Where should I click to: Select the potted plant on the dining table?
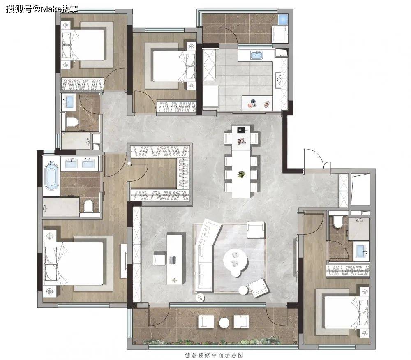tap(241, 173)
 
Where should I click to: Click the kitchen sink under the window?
tap(256, 55)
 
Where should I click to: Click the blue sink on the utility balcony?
tap(283, 19)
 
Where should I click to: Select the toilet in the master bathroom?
tap(88, 205)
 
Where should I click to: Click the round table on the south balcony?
tap(224, 323)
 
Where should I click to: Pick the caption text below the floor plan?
tap(214, 355)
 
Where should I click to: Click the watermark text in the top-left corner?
tap(42, 9)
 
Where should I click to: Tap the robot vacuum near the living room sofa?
tap(200, 298)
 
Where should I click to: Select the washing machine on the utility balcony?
tap(280, 34)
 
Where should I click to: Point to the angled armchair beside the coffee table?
tap(259, 288)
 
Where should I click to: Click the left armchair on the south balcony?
tap(206, 322)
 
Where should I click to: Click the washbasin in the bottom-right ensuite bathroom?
tap(361, 251)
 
